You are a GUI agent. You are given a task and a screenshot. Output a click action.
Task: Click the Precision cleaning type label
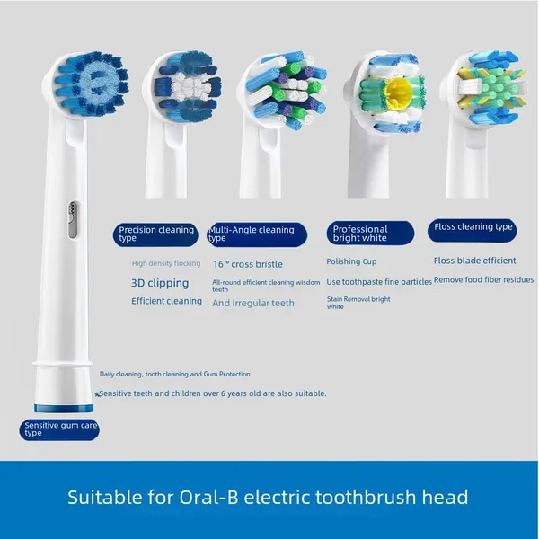(155, 234)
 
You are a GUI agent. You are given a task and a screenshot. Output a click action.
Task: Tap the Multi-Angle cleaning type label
(257, 234)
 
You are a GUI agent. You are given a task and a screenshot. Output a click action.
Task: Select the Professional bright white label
(370, 233)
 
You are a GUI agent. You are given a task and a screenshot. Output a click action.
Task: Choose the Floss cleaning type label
(473, 230)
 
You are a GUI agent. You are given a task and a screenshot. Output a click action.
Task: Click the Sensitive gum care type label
(59, 429)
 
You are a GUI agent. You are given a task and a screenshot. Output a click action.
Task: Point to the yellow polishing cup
(398, 93)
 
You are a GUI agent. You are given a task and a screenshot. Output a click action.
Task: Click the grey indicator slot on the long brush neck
(73, 220)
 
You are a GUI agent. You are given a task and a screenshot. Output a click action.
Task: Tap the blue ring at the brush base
(64, 409)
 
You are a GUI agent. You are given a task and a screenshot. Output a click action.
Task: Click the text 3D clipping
(160, 283)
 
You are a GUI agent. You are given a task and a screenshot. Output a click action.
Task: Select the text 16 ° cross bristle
(248, 264)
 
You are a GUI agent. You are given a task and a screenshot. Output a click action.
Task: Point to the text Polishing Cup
(351, 261)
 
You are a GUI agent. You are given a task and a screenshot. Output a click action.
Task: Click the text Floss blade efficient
(474, 261)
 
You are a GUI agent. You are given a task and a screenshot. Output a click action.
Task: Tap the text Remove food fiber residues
(483, 279)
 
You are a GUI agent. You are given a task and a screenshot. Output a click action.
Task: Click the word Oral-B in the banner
(208, 497)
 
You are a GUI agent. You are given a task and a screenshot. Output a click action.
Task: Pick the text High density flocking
(166, 263)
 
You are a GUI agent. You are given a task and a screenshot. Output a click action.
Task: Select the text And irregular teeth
(253, 303)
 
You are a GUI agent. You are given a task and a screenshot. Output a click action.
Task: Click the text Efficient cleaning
(167, 301)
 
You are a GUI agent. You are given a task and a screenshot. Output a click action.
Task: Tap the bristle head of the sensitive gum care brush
(91, 84)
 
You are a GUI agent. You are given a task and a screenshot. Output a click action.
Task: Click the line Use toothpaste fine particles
(379, 282)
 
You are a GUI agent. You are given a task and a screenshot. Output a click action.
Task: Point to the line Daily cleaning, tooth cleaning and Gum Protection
(175, 374)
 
